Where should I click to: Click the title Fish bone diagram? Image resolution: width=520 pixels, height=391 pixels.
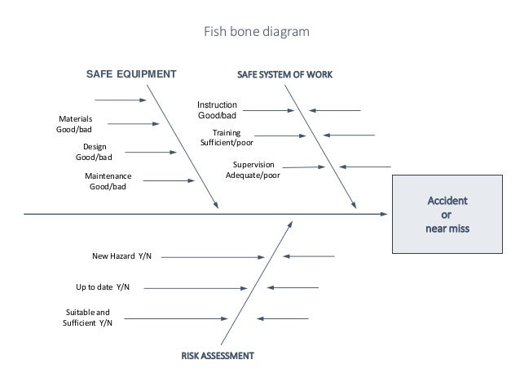pos(256,33)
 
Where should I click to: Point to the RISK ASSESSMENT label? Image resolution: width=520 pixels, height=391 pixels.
pos(217,356)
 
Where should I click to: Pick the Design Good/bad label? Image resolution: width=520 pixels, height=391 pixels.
pos(94,152)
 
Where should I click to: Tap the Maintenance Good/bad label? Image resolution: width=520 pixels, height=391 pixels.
pos(108,181)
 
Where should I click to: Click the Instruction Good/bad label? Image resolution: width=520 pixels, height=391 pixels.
pos(218,110)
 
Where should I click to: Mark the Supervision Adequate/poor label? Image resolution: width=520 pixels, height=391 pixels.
pos(253,170)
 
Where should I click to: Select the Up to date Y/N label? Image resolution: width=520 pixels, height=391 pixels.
pos(103,287)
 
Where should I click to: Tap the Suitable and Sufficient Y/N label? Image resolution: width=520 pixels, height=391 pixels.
pos(87,318)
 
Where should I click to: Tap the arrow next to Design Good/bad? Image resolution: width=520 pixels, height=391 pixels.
pos(152,152)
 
